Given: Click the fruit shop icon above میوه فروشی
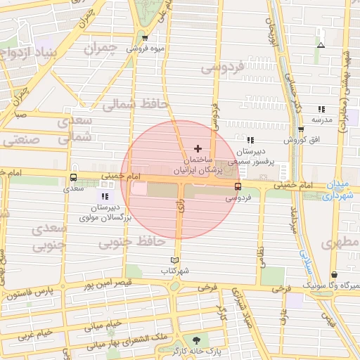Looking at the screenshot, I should (x=145, y=38).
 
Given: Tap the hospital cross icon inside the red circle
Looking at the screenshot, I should (x=198, y=148).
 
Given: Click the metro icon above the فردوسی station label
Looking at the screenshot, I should (x=238, y=187).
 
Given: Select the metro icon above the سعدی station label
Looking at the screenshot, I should (x=74, y=177).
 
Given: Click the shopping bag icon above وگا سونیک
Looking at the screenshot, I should (x=333, y=275).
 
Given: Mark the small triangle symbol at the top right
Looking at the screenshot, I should (x=321, y=46).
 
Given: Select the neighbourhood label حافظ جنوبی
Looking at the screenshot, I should (x=132, y=243).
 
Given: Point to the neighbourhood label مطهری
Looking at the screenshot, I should (x=340, y=243).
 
